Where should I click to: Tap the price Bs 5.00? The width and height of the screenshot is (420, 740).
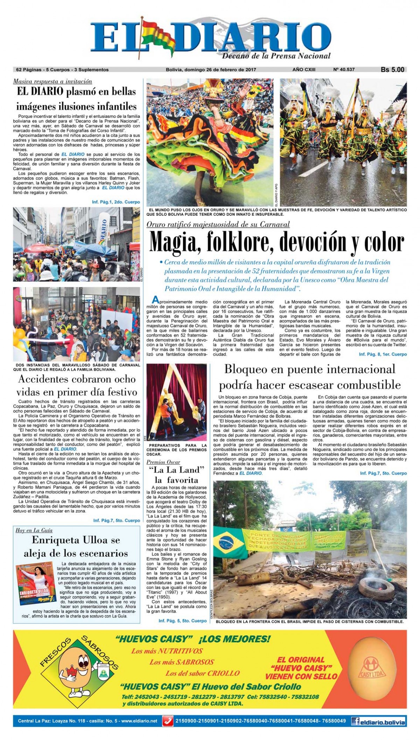pos(392,70)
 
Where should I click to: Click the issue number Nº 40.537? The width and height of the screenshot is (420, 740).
pos(344,70)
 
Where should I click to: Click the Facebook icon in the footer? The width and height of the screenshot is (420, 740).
pos(357,721)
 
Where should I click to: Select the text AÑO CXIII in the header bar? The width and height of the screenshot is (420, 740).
pos(303,70)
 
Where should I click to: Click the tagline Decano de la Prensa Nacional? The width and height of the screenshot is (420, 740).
pos(276,56)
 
